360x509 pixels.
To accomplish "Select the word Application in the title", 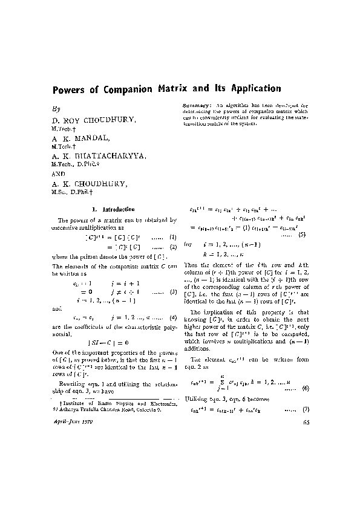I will (246, 88).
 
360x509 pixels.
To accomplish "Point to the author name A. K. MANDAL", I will (80, 138).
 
